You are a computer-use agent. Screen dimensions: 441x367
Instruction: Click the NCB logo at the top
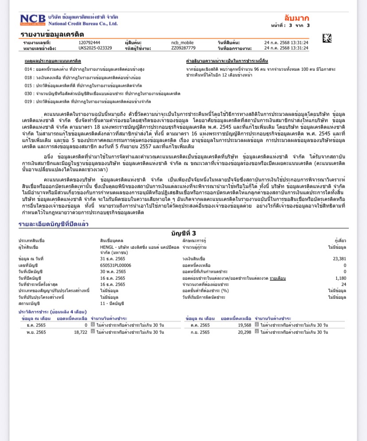[x=33, y=19]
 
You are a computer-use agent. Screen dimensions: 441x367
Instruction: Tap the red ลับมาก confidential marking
[x=297, y=18]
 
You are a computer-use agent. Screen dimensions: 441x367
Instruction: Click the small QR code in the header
[x=327, y=38]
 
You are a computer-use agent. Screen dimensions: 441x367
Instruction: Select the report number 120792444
[x=89, y=43]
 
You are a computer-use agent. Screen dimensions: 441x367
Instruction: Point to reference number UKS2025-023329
[x=95, y=48]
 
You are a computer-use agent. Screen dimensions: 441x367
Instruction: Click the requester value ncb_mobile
[x=183, y=43]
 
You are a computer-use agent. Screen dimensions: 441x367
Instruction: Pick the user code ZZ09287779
[x=183, y=48]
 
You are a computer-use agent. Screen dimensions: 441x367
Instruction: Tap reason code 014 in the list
[x=28, y=70]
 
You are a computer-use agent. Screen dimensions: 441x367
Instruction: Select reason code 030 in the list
[x=28, y=93]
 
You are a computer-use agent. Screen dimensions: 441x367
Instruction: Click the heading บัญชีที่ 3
[x=183, y=233]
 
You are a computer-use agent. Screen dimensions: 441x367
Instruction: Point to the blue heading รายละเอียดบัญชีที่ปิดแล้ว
[x=53, y=224]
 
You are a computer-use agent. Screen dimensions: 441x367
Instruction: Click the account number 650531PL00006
[x=116, y=265]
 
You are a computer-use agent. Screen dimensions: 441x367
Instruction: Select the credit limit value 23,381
[x=339, y=259]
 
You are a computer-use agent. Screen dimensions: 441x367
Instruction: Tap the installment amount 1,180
[x=340, y=278]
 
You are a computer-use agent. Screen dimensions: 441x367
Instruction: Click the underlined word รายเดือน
[x=278, y=278]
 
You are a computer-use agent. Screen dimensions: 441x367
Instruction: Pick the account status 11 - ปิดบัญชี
[x=112, y=303]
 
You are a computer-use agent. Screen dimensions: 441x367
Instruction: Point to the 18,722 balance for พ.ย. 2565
[x=80, y=332]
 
